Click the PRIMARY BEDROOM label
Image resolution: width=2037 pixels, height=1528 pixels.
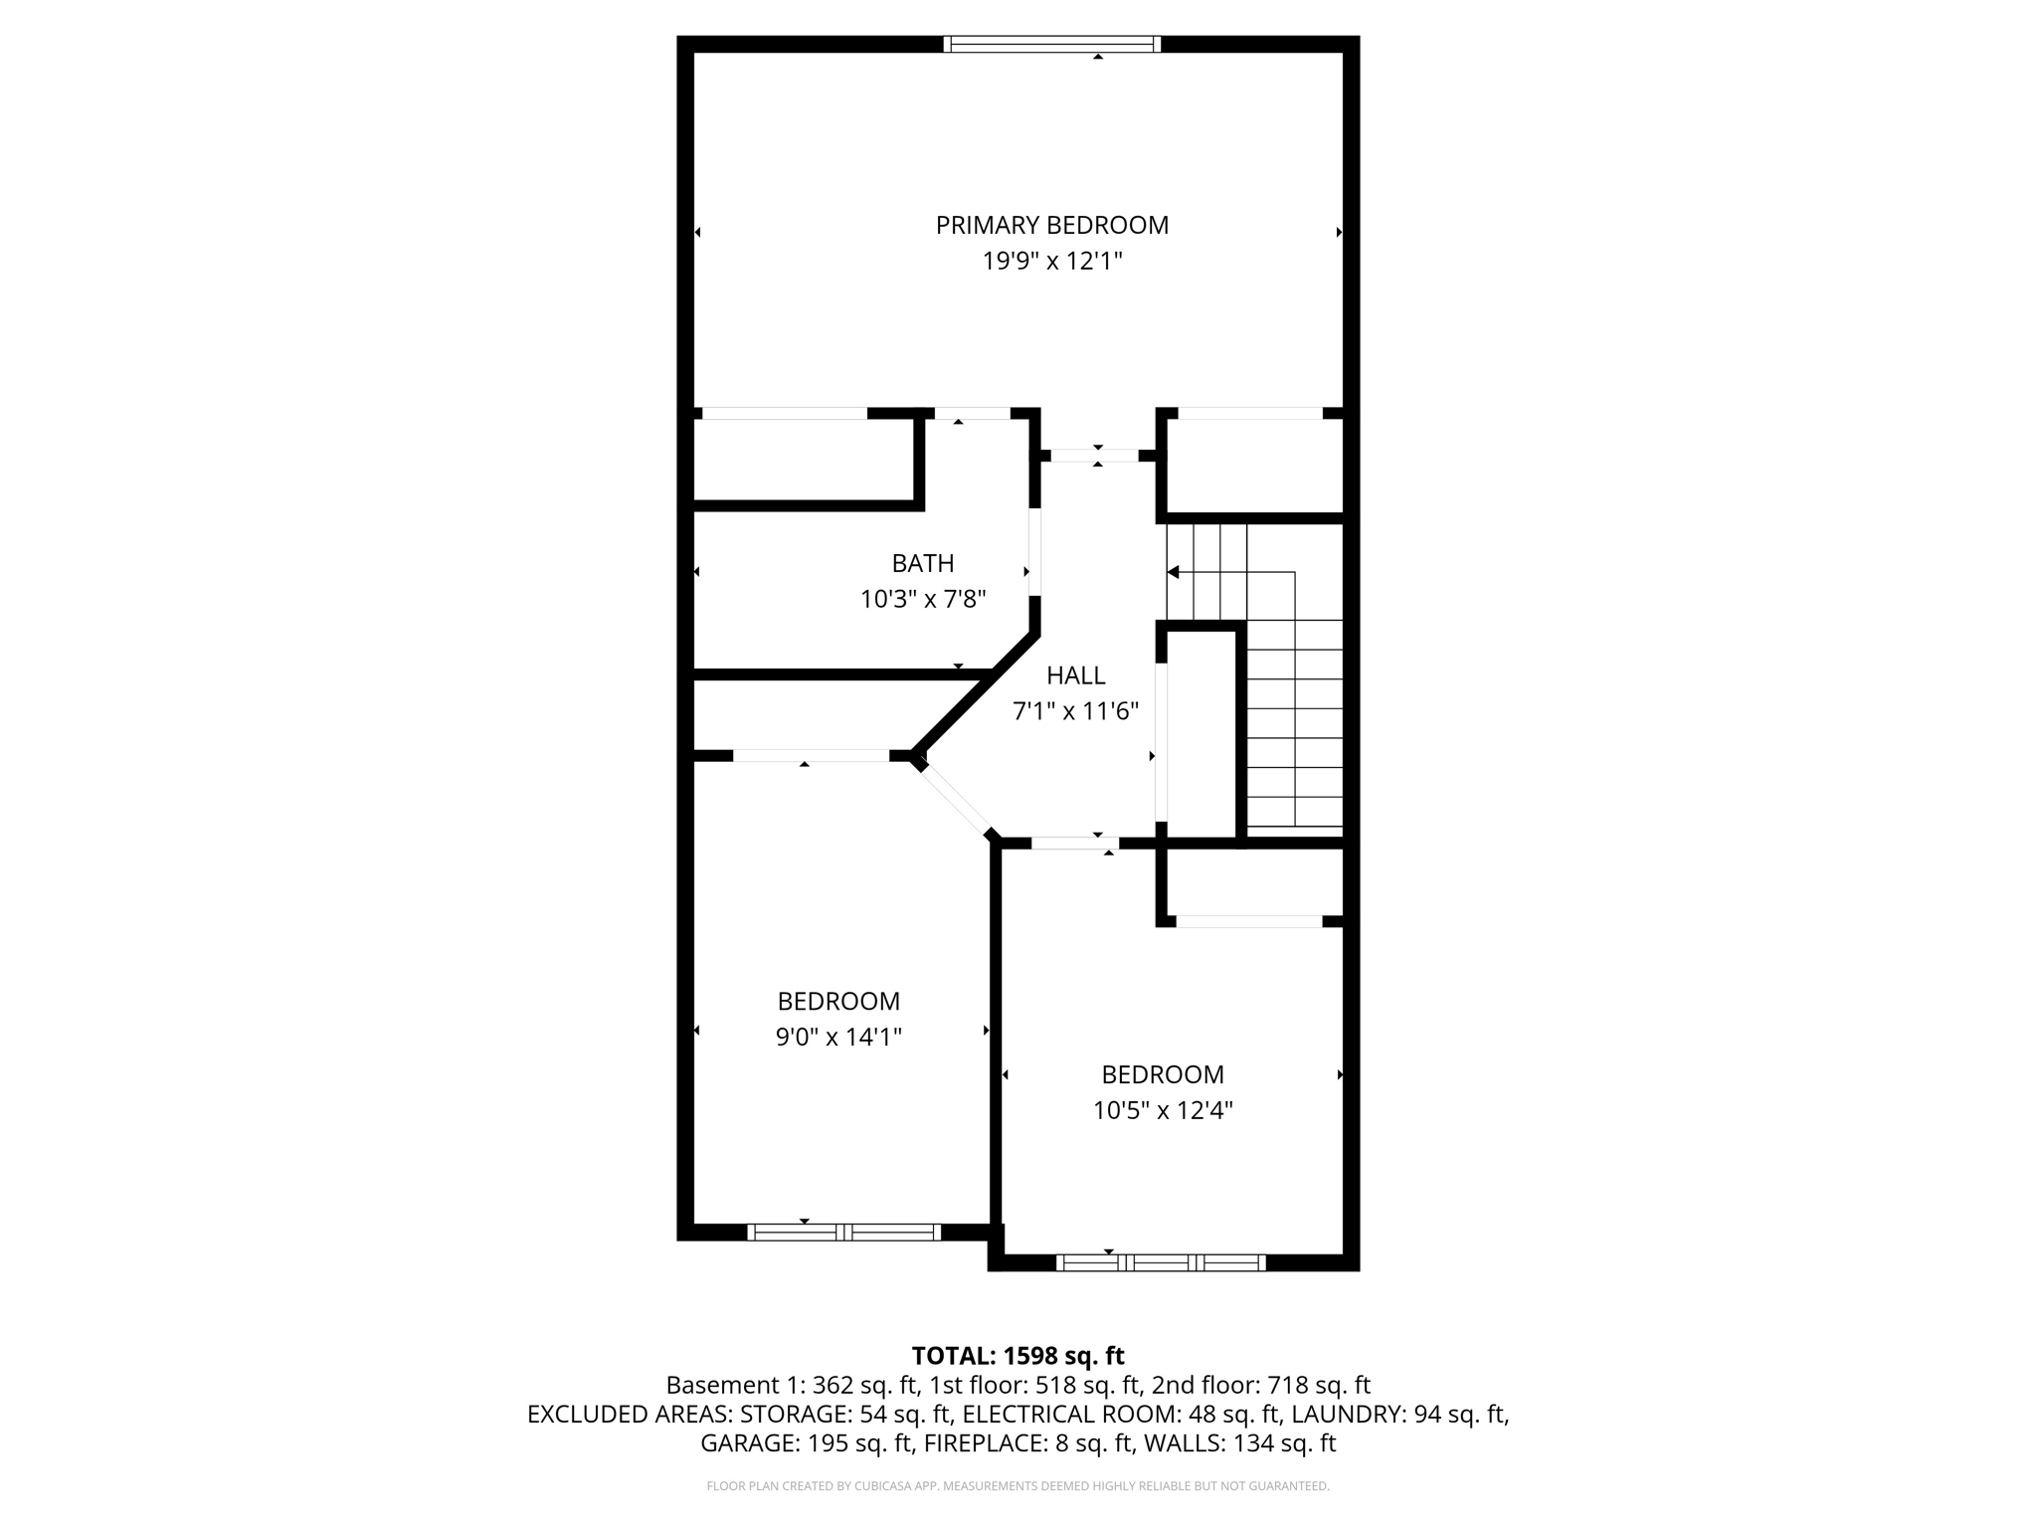coord(1051,225)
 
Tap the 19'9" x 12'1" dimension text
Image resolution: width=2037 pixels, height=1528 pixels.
coord(1051,262)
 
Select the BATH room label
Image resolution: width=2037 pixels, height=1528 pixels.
coord(922,563)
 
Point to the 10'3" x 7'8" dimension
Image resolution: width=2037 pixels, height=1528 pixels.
coord(922,599)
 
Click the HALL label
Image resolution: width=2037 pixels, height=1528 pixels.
coord(1075,675)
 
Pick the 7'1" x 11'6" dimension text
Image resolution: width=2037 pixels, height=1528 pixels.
coord(1075,711)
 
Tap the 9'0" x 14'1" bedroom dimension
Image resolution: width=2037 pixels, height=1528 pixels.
coord(837,1038)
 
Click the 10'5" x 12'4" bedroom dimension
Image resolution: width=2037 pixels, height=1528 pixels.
coord(1162,1110)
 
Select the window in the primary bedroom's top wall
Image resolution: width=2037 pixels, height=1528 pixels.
coord(1051,44)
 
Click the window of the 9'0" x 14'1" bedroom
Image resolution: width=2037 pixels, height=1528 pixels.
coord(843,1233)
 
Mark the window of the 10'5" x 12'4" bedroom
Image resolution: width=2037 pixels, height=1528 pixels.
coord(1160,1263)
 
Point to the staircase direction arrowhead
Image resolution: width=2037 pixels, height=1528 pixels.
coord(1173,572)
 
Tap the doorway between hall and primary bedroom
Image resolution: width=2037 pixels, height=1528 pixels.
coord(1094,456)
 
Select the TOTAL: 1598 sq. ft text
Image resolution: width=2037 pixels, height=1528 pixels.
coord(1018,1356)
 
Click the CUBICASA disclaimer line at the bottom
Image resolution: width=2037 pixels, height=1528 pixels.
coord(1018,1486)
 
